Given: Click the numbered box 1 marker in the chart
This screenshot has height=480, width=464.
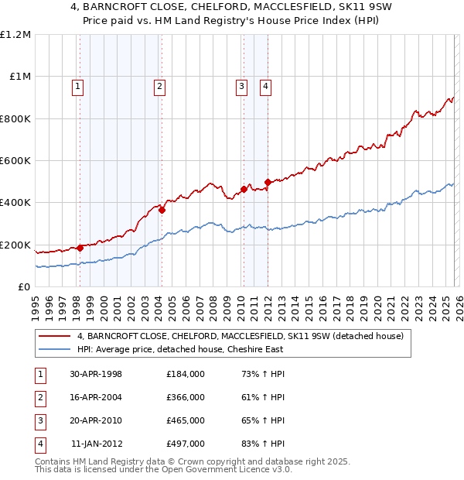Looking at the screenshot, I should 78,87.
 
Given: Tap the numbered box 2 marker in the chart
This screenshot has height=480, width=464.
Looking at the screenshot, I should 159,87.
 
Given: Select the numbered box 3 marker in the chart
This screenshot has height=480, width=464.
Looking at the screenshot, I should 242,87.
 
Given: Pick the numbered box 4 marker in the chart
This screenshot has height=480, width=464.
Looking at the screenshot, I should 265,87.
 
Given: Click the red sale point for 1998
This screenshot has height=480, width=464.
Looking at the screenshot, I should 80,248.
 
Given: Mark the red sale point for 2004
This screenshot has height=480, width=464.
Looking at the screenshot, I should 162,210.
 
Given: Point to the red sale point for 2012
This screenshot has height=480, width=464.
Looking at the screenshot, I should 268,183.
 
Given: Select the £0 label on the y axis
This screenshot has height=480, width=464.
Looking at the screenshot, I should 25,287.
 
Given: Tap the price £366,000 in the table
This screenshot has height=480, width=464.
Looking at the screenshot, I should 186,397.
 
